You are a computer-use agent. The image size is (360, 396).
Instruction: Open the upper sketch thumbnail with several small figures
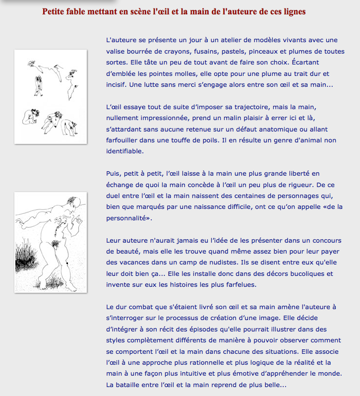point(51,97)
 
